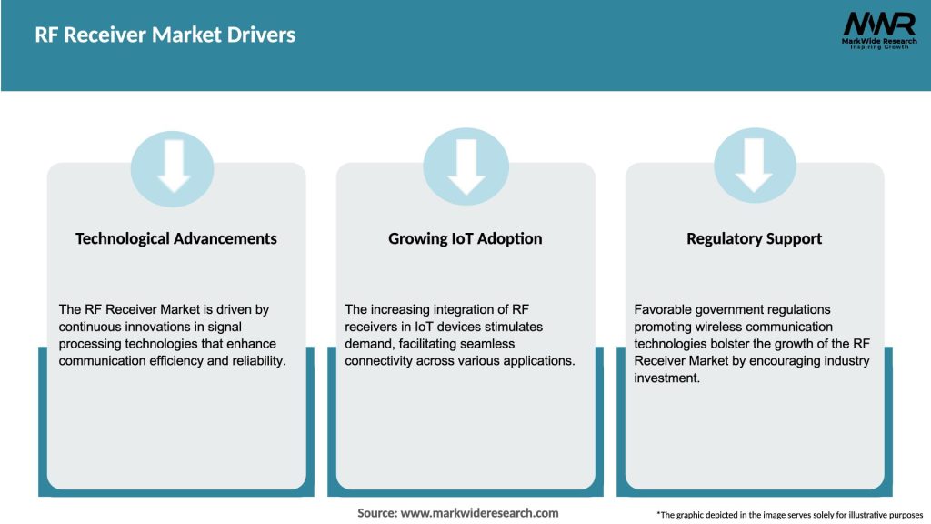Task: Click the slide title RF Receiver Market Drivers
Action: click(165, 35)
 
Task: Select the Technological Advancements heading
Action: click(176, 238)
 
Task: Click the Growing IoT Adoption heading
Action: click(465, 238)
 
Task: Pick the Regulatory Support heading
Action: click(754, 238)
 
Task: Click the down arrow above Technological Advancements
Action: click(173, 166)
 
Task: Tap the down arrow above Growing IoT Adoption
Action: click(465, 166)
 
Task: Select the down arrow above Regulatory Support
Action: click(754, 166)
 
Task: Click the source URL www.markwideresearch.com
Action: click(479, 513)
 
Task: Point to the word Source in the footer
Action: click(375, 513)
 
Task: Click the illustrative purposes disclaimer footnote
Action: click(789, 515)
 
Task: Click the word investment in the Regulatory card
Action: click(667, 378)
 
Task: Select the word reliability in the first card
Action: click(255, 360)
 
